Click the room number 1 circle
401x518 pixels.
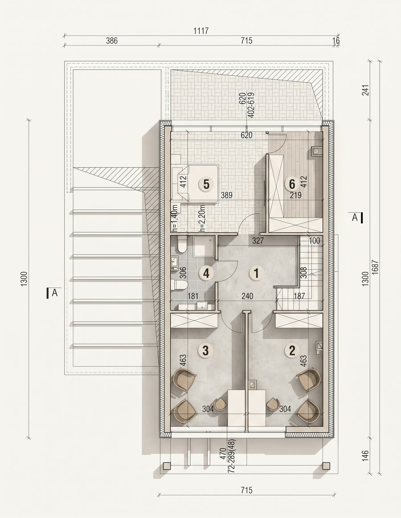click(256, 273)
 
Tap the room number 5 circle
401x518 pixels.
click(206, 184)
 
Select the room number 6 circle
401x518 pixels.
click(292, 183)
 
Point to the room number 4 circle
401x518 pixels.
click(206, 273)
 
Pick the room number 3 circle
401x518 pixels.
click(205, 351)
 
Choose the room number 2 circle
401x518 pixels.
click(292, 350)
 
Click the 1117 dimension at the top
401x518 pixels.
click(201, 31)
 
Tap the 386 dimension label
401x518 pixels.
click(111, 40)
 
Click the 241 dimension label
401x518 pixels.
click(365, 90)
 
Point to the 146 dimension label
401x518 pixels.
click(365, 456)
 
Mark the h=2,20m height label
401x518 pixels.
click(202, 218)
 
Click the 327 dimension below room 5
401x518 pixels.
click(258, 241)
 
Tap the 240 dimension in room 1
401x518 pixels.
click(247, 296)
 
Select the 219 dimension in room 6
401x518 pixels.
click(295, 195)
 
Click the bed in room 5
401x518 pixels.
click(195, 184)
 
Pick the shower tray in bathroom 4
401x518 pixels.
click(204, 246)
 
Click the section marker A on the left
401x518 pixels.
click(52, 293)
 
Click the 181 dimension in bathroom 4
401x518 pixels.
click(193, 296)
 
